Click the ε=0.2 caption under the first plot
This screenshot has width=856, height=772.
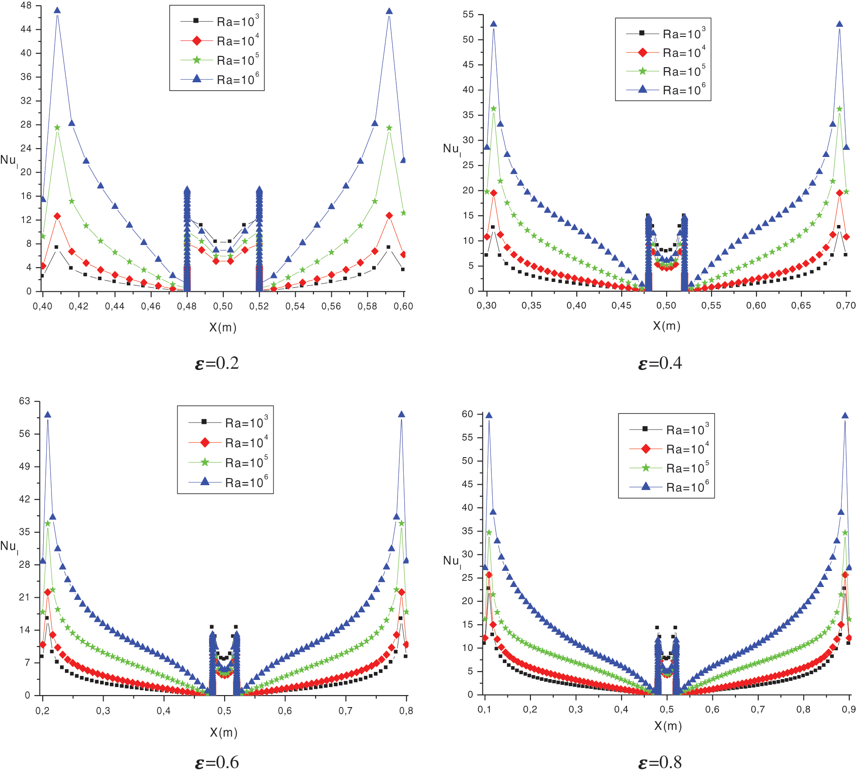(x=217, y=363)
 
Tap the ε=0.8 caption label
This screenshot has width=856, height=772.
(x=660, y=762)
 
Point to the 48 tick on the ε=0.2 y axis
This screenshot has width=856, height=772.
(x=26, y=6)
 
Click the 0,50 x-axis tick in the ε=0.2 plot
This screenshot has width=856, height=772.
(x=223, y=306)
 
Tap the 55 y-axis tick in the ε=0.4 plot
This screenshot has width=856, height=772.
(x=468, y=14)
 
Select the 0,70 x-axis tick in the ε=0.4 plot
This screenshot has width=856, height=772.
(x=845, y=305)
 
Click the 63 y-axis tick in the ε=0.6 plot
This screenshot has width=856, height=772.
(x=24, y=401)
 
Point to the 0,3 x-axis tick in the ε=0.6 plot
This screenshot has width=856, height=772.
(x=103, y=711)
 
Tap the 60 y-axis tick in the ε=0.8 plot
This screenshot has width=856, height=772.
(x=467, y=414)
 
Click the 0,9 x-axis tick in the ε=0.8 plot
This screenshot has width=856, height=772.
(x=848, y=709)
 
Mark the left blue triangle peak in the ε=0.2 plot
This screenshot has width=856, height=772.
(x=57, y=11)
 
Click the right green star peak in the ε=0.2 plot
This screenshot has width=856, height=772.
(x=389, y=128)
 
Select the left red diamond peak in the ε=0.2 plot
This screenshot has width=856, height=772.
(x=57, y=216)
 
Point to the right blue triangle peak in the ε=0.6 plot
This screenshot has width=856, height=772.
(x=402, y=414)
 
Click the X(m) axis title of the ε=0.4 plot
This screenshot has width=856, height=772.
(x=667, y=326)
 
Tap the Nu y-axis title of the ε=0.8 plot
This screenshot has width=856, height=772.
(x=452, y=561)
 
